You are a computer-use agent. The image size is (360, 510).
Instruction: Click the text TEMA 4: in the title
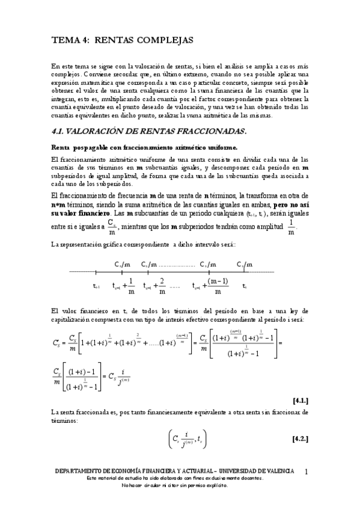(69, 40)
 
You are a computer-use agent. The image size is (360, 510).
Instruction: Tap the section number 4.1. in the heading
(61, 131)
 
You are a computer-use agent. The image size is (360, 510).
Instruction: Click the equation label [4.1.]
(300, 399)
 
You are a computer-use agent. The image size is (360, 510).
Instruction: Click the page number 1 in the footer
(307, 471)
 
